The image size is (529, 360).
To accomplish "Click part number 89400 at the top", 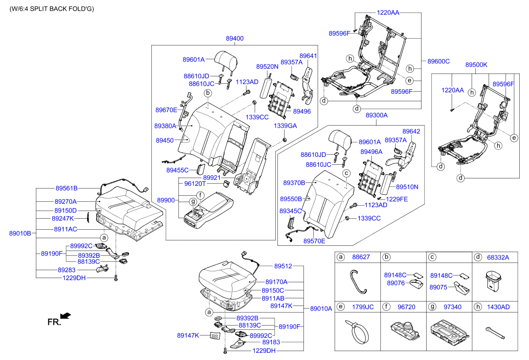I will (x=235, y=38).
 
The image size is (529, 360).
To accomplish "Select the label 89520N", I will (x=267, y=67).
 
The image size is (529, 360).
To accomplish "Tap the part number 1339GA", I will (x=285, y=126).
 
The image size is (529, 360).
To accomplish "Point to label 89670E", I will (x=166, y=110).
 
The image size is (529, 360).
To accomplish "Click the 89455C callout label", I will (x=178, y=170).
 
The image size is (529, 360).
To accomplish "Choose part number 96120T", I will (x=195, y=184).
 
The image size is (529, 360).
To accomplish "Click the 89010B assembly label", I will (x=20, y=233).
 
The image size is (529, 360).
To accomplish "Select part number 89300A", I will (x=377, y=115).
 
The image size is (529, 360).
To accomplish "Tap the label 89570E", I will (x=314, y=241).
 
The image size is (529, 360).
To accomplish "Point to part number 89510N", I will (x=407, y=187).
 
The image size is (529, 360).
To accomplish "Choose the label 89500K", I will (x=476, y=65).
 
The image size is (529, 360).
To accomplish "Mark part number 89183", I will (x=271, y=342).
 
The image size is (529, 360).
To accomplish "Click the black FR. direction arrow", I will (x=65, y=315).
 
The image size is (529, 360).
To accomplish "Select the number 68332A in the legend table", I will (x=498, y=257).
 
